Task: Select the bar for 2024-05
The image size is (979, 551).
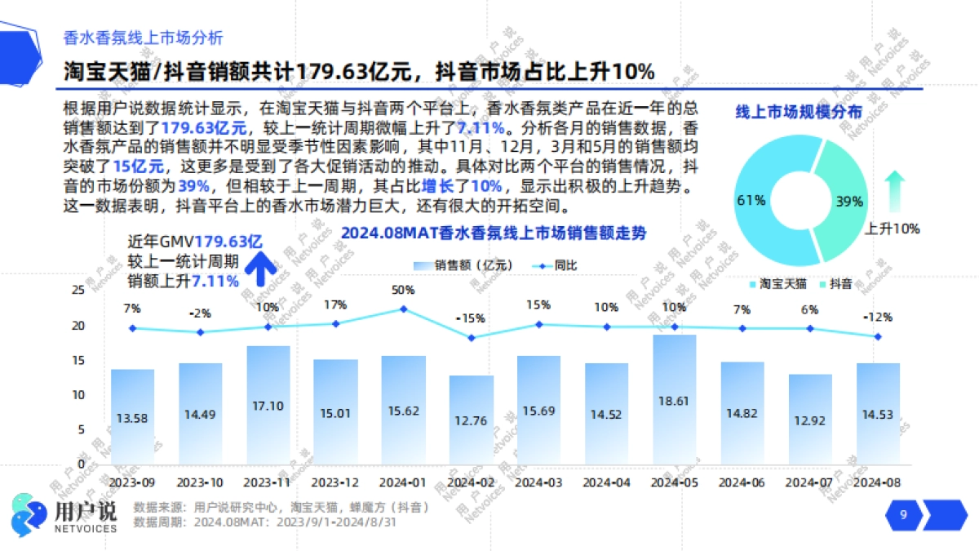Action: pyautogui.click(x=674, y=400)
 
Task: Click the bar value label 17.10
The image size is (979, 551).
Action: pyautogui.click(x=268, y=405)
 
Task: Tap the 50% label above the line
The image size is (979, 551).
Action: pyautogui.click(x=403, y=290)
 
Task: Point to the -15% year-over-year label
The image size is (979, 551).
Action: pyautogui.click(x=470, y=318)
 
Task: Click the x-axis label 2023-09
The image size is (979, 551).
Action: pyautogui.click(x=132, y=482)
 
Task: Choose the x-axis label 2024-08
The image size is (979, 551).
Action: pyautogui.click(x=878, y=482)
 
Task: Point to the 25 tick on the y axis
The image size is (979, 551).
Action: pyautogui.click(x=78, y=290)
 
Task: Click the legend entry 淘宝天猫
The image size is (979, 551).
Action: pyautogui.click(x=777, y=284)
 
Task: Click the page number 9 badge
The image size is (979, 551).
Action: pyautogui.click(x=903, y=515)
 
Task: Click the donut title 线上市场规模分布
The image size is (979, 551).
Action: pyautogui.click(x=799, y=113)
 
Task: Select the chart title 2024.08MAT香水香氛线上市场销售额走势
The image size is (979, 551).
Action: pyautogui.click(x=493, y=233)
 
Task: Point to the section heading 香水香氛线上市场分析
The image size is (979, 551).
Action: pyautogui.click(x=143, y=38)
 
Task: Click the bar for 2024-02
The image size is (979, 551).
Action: pyautogui.click(x=471, y=420)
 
